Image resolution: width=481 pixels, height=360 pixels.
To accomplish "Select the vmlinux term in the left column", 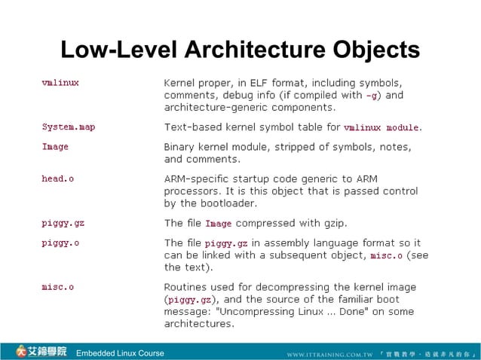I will [x=60, y=82].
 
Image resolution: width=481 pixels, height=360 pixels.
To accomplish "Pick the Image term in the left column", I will [x=55, y=146].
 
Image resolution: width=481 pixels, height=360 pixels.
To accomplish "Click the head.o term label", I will [x=58, y=178].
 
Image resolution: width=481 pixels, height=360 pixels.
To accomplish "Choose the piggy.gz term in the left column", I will [x=63, y=222].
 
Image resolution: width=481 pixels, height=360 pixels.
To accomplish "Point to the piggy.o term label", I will [x=60, y=243].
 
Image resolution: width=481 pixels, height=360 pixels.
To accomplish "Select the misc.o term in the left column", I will [x=58, y=286].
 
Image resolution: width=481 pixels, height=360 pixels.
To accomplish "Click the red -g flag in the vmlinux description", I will [x=372, y=96].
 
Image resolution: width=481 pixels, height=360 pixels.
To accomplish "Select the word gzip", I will [x=333, y=223].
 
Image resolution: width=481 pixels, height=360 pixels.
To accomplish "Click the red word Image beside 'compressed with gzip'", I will [x=219, y=223].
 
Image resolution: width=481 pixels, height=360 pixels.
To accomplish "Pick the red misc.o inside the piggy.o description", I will [x=387, y=255].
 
